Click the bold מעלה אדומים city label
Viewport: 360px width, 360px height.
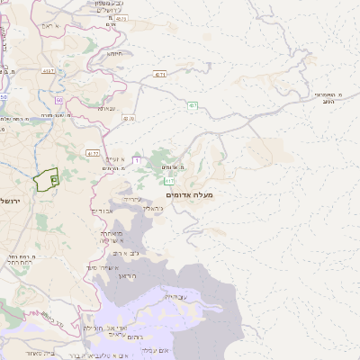pyautogui.click(x=189, y=194)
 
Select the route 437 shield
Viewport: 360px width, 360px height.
pyautogui.click(x=193, y=106)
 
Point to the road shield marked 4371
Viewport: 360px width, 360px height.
pyautogui.click(x=159, y=74)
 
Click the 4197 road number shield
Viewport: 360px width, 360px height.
pyautogui.click(x=48, y=70)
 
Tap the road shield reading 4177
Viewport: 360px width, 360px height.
pyautogui.click(x=93, y=154)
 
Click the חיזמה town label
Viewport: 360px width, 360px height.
pyautogui.click(x=117, y=54)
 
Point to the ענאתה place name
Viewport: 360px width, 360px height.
pyautogui.click(x=106, y=109)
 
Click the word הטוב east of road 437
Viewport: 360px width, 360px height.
pyautogui.click(x=328, y=102)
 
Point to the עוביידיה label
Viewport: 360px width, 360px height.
pyautogui.click(x=175, y=296)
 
